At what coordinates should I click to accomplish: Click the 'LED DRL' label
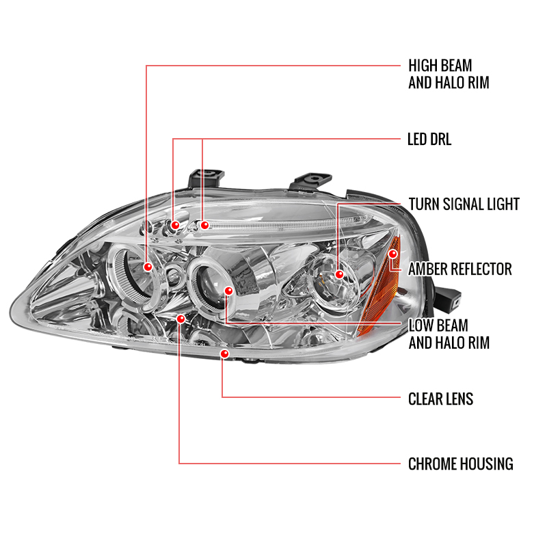[x=429, y=139]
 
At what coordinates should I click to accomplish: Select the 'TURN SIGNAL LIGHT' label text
[x=464, y=204]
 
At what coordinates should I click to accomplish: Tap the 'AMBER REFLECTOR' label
[x=459, y=269]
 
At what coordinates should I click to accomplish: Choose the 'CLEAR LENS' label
[x=440, y=399]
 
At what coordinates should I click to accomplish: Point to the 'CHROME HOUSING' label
[x=460, y=464]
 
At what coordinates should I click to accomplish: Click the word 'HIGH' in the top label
[x=423, y=66]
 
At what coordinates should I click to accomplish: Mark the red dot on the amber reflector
[x=392, y=254]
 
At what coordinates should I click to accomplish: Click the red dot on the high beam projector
[x=148, y=267]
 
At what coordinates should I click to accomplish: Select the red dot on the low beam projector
[x=228, y=291]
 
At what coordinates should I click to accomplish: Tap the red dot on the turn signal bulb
[x=339, y=275]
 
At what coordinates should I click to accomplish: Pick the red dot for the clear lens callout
[x=225, y=354]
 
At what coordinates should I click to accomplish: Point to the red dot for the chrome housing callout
[x=181, y=319]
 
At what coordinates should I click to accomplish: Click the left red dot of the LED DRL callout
[x=175, y=225]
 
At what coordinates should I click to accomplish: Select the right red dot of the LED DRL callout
[x=204, y=225]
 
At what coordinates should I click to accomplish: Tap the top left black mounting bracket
[x=206, y=178]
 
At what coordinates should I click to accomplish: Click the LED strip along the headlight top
[x=286, y=224]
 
